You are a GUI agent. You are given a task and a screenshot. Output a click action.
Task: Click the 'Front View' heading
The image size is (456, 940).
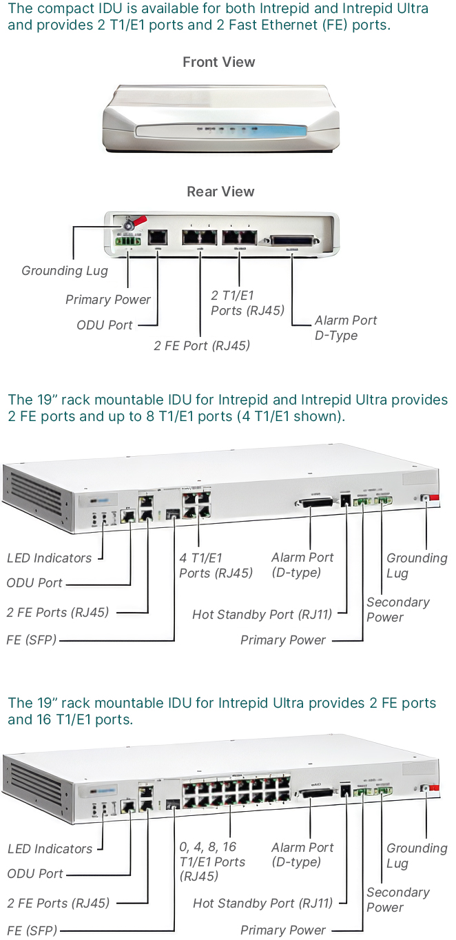218,62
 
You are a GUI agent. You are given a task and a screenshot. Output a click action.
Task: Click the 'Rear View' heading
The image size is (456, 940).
220,192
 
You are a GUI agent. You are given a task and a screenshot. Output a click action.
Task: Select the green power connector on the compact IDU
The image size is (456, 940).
129,241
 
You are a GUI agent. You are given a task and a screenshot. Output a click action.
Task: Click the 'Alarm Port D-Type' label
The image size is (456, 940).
346,328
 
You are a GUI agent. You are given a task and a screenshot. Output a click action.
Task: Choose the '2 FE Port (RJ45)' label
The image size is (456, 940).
202,346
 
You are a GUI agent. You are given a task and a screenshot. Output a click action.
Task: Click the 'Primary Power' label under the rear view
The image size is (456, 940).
108,300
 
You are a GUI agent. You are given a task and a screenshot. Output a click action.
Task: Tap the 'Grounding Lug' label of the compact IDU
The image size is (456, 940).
65,271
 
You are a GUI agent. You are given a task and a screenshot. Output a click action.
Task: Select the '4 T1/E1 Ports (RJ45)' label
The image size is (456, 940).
216,565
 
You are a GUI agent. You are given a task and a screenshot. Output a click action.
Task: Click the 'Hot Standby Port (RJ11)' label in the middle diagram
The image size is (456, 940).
262,615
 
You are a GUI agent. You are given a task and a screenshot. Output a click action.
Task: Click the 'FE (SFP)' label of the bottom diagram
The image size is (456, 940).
32,930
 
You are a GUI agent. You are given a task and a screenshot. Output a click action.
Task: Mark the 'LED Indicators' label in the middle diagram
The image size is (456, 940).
49,558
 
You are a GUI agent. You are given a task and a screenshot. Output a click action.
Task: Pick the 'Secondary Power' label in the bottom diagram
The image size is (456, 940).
397,900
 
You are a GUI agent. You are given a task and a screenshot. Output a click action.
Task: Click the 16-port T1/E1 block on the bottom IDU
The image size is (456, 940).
236,790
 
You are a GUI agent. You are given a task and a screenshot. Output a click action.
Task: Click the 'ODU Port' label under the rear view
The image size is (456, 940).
105,325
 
